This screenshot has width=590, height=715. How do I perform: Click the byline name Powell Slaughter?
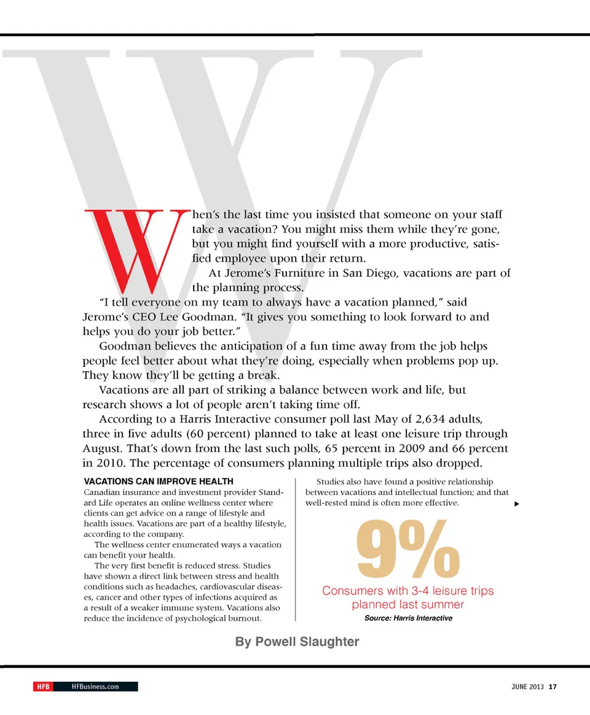tap(297, 642)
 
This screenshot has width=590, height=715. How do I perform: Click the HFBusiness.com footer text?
tap(95, 686)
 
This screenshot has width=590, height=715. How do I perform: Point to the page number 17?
tap(553, 686)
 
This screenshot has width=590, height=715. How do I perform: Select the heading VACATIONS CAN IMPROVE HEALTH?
tap(158, 482)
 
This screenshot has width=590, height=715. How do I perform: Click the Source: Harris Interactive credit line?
tap(408, 618)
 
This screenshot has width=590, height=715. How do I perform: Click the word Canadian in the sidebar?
tap(103, 493)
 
